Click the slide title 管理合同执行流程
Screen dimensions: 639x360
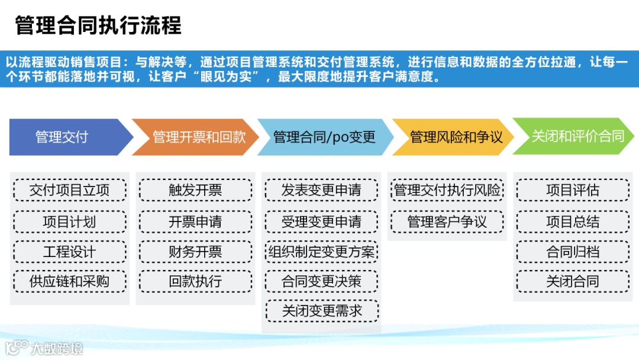click(98, 25)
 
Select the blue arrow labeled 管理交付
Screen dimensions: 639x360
click(65, 137)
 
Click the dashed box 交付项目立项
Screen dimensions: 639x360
click(69, 191)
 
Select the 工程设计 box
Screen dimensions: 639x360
click(69, 252)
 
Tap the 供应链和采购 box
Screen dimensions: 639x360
click(69, 281)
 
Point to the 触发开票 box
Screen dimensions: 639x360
click(195, 191)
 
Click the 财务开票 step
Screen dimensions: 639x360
click(195, 252)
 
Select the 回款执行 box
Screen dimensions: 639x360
click(195, 281)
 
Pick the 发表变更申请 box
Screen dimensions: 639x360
click(321, 191)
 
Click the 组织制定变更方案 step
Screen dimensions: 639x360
click(321, 252)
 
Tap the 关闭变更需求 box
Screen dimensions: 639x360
click(321, 311)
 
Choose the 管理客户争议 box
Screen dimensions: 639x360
click(447, 222)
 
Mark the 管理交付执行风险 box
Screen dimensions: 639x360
click(447, 191)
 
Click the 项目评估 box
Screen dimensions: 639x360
click(572, 191)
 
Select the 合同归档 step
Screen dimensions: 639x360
click(572, 252)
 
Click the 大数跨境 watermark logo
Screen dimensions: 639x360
click(44, 348)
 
